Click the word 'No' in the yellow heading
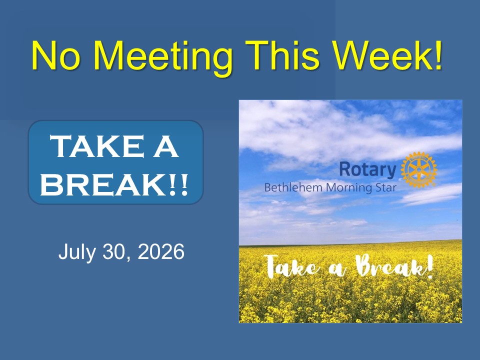click(56, 55)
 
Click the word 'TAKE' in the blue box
click(96, 146)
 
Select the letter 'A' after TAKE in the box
click(165, 146)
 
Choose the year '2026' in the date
click(161, 251)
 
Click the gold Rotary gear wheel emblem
click(419, 169)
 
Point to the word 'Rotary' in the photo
click(367, 169)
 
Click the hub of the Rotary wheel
click(419, 169)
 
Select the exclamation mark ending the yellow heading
click(439, 55)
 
